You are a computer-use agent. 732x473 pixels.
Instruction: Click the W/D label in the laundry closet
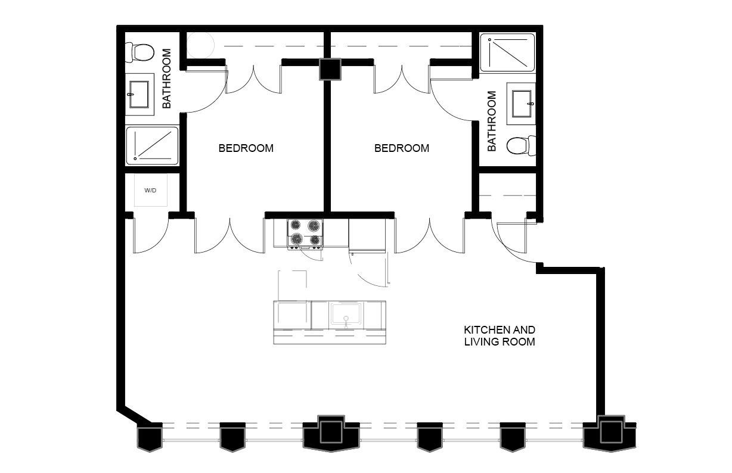(150, 191)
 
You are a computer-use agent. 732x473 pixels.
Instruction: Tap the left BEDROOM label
(246, 148)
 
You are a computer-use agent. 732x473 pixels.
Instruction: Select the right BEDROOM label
(402, 148)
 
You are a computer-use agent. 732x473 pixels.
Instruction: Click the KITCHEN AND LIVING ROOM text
(500, 336)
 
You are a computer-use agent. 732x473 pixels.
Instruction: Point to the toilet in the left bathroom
(139, 52)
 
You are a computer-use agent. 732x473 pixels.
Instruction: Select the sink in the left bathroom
(139, 94)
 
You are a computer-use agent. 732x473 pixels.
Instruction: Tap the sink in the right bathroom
(521, 104)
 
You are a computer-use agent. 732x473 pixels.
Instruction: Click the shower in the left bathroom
(152, 146)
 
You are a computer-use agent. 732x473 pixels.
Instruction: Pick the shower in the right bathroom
(507, 52)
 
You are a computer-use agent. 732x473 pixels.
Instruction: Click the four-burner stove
(305, 234)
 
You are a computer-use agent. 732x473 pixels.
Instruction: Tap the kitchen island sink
(346, 315)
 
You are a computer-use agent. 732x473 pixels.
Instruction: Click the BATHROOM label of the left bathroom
(167, 79)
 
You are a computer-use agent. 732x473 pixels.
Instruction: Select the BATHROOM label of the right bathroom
(492, 121)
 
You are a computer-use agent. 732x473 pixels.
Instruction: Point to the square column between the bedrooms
(330, 69)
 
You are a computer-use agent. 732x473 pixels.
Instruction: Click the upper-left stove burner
(296, 225)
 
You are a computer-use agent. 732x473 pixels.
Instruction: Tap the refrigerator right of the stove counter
(367, 235)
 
